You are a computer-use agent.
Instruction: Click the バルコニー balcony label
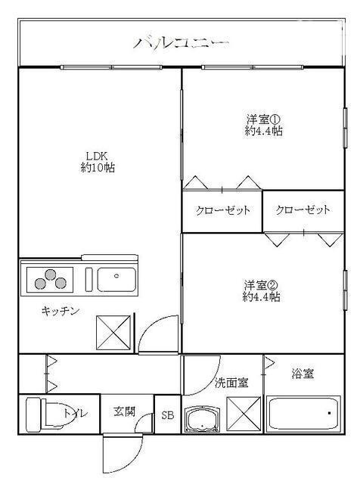pyautogui.click(x=182, y=42)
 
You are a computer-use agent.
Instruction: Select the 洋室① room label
pyautogui.click(x=263, y=119)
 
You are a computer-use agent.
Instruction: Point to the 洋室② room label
pyautogui.click(x=262, y=285)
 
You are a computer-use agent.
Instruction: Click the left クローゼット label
pyautogui.click(x=222, y=210)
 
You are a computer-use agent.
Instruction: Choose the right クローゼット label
pyautogui.click(x=303, y=210)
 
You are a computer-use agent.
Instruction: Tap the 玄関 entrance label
pyautogui.click(x=125, y=412)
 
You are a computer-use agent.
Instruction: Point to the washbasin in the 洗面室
pyautogui.click(x=202, y=418)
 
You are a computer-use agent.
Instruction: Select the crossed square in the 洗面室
pyautogui.click(x=244, y=414)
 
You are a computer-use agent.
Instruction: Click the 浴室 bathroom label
pyautogui.click(x=303, y=374)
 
